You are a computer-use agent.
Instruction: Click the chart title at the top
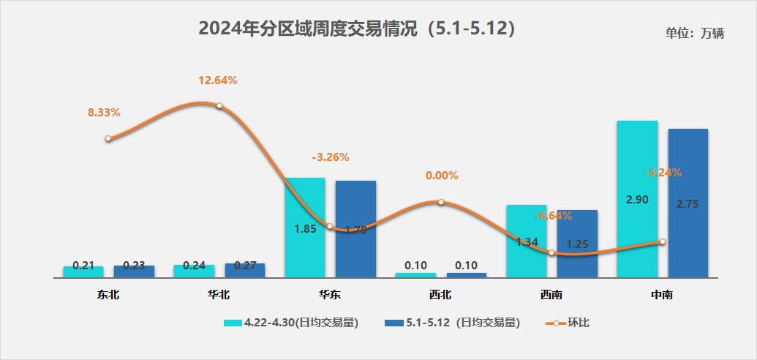[x=358, y=29]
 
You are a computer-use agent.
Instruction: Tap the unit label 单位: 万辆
[x=694, y=34]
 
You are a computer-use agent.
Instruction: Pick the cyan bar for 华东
[x=304, y=227]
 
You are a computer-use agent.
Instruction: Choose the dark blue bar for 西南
[x=577, y=244]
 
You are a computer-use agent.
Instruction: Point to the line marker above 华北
[x=219, y=106]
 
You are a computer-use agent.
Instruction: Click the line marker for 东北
[x=108, y=138]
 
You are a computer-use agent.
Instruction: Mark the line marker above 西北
[x=441, y=202]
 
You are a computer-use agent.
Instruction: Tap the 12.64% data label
[x=218, y=80]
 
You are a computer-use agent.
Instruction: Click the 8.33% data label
[x=104, y=113]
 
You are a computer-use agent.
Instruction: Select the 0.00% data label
[x=442, y=176]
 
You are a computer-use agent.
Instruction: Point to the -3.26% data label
[x=331, y=157]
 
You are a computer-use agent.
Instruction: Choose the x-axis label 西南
[x=551, y=295]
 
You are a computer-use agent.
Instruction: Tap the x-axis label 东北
[x=108, y=295]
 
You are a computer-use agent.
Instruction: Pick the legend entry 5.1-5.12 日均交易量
[x=453, y=322]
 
